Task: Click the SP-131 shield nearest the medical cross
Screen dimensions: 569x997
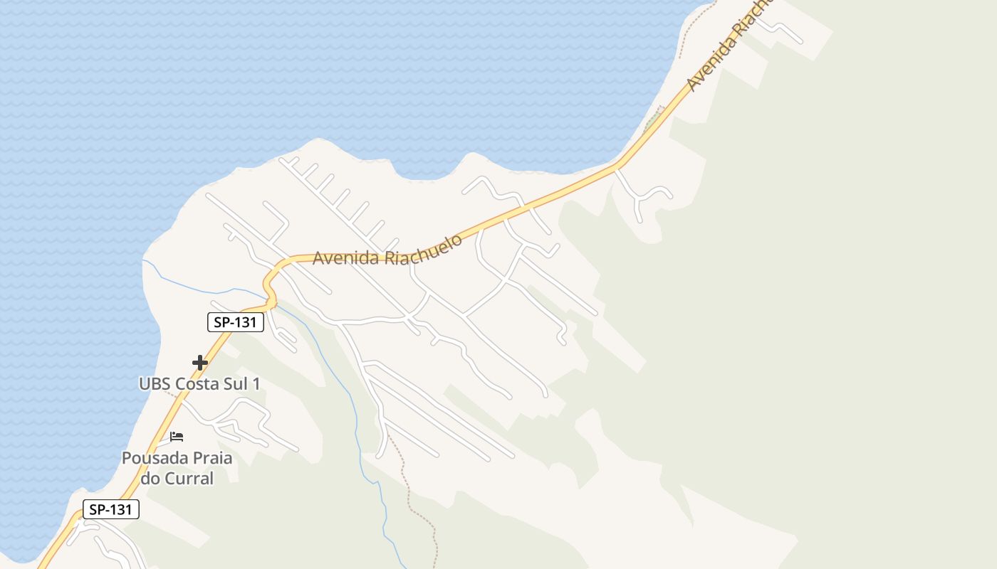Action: pyautogui.click(x=236, y=322)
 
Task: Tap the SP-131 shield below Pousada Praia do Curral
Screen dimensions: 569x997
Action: pyautogui.click(x=110, y=509)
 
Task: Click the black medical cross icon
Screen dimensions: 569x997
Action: pyautogui.click(x=200, y=363)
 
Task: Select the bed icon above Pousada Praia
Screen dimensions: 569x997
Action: pyautogui.click(x=177, y=436)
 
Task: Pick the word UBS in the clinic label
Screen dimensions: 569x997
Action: pyautogui.click(x=155, y=384)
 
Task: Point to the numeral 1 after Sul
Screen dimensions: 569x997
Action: pyautogui.click(x=256, y=384)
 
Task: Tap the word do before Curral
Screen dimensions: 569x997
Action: pyautogui.click(x=150, y=479)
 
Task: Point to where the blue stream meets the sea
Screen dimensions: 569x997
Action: pyautogui.click(x=143, y=260)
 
